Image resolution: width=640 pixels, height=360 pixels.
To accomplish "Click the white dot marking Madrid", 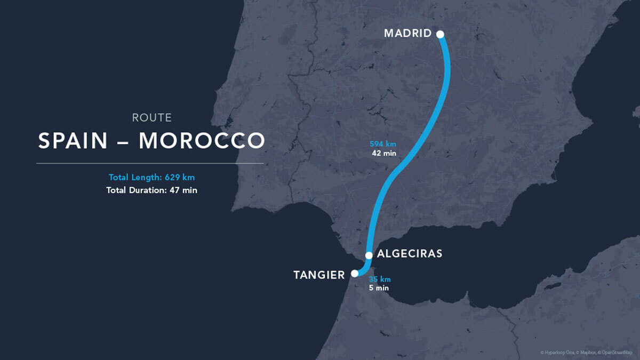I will [x=440, y=35].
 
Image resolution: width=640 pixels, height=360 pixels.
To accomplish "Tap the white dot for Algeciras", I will [x=369, y=255].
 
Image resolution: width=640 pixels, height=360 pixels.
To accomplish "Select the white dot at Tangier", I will [x=354, y=274].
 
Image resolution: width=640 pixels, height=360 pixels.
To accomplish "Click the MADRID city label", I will [x=407, y=34].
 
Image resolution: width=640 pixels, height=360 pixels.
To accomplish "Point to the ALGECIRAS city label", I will [x=410, y=254].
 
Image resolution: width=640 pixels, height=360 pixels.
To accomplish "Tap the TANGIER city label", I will [x=319, y=275].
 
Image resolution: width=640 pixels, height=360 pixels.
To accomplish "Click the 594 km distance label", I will [x=383, y=144].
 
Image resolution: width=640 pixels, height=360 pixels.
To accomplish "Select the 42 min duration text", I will [x=384, y=154].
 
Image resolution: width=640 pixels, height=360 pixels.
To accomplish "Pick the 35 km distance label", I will [x=379, y=279].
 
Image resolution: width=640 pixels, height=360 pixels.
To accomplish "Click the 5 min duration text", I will [x=379, y=288].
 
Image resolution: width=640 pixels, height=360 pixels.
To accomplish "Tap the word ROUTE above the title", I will [x=151, y=118].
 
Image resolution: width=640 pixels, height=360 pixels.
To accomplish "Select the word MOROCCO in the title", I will [x=202, y=141].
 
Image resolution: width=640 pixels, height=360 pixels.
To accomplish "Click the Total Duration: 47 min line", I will [x=151, y=190].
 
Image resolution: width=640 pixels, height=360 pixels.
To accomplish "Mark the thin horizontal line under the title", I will [x=150, y=163].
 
